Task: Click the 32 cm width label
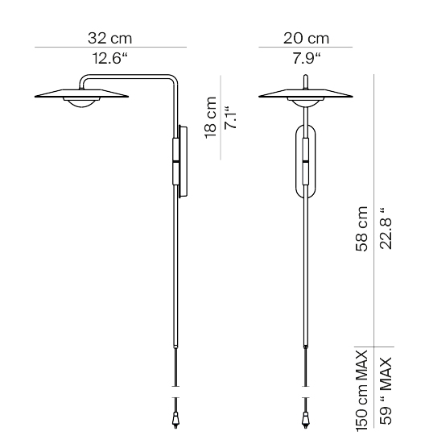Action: click(109, 38)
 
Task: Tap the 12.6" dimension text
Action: click(110, 58)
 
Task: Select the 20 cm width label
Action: click(306, 38)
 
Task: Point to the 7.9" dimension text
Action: click(307, 58)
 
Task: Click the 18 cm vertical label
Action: click(211, 118)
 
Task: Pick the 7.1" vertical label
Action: click(230, 118)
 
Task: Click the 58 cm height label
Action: click(361, 229)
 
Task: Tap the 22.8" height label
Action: click(386, 229)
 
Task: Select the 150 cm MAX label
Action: click(361, 391)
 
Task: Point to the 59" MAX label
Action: click(386, 391)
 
